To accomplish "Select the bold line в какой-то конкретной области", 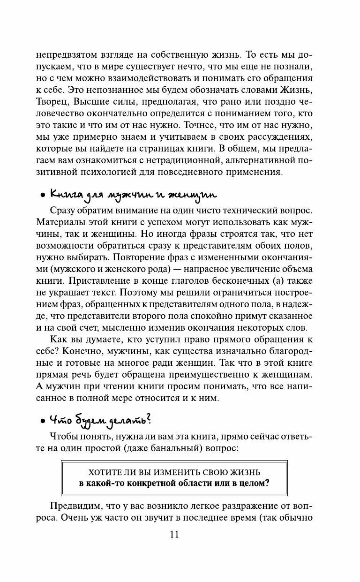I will click(x=174, y=484).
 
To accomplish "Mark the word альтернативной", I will click(x=247, y=160).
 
